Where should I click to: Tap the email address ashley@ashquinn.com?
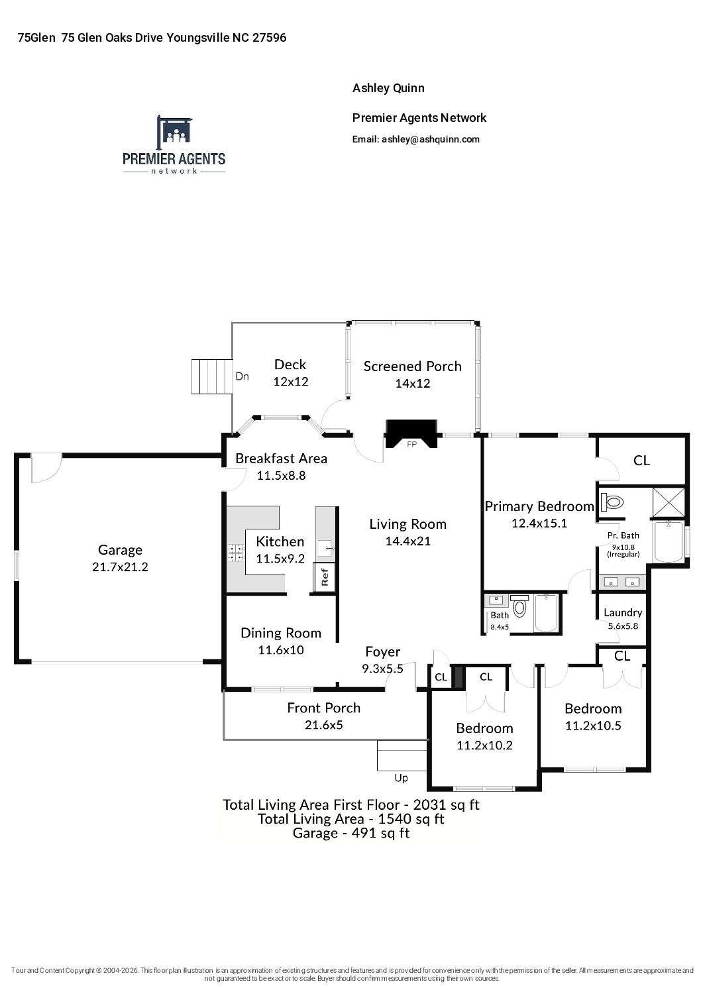[431, 140]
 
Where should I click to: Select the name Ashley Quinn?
[388, 88]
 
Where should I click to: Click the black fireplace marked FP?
[411, 433]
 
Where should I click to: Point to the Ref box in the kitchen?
[325, 577]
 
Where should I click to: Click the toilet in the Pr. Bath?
[612, 503]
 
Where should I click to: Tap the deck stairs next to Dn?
[212, 376]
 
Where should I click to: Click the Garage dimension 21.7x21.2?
[120, 567]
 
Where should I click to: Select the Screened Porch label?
[412, 366]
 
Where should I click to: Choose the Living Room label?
[408, 524]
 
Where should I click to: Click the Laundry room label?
[623, 612]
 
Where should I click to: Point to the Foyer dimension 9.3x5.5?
[382, 669]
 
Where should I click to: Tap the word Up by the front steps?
[401, 778]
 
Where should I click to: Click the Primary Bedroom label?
[539, 506]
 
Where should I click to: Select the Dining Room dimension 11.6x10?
[281, 650]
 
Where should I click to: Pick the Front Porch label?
[324, 708]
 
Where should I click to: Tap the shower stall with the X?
[669, 502]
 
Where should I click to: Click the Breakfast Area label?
[281, 459]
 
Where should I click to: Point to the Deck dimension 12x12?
[290, 381]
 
